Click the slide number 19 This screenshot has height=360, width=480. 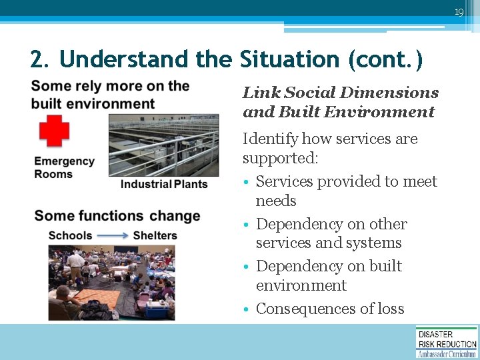(x=459, y=12)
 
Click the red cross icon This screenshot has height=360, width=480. (x=54, y=130)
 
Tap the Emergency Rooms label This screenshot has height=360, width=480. (x=64, y=167)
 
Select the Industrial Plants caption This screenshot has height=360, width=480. (x=164, y=184)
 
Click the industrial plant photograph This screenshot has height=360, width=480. (x=164, y=144)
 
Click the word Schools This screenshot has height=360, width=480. (x=71, y=235)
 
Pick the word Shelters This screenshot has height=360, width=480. (x=155, y=235)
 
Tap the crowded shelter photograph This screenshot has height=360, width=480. (x=111, y=283)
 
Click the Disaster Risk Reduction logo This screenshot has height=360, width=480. (x=447, y=342)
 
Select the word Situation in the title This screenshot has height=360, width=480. (x=289, y=59)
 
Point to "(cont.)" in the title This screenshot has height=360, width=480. (x=385, y=59)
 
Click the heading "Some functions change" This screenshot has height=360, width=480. (x=117, y=216)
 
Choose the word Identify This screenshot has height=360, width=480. (x=270, y=139)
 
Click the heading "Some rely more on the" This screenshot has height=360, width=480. (x=111, y=86)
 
